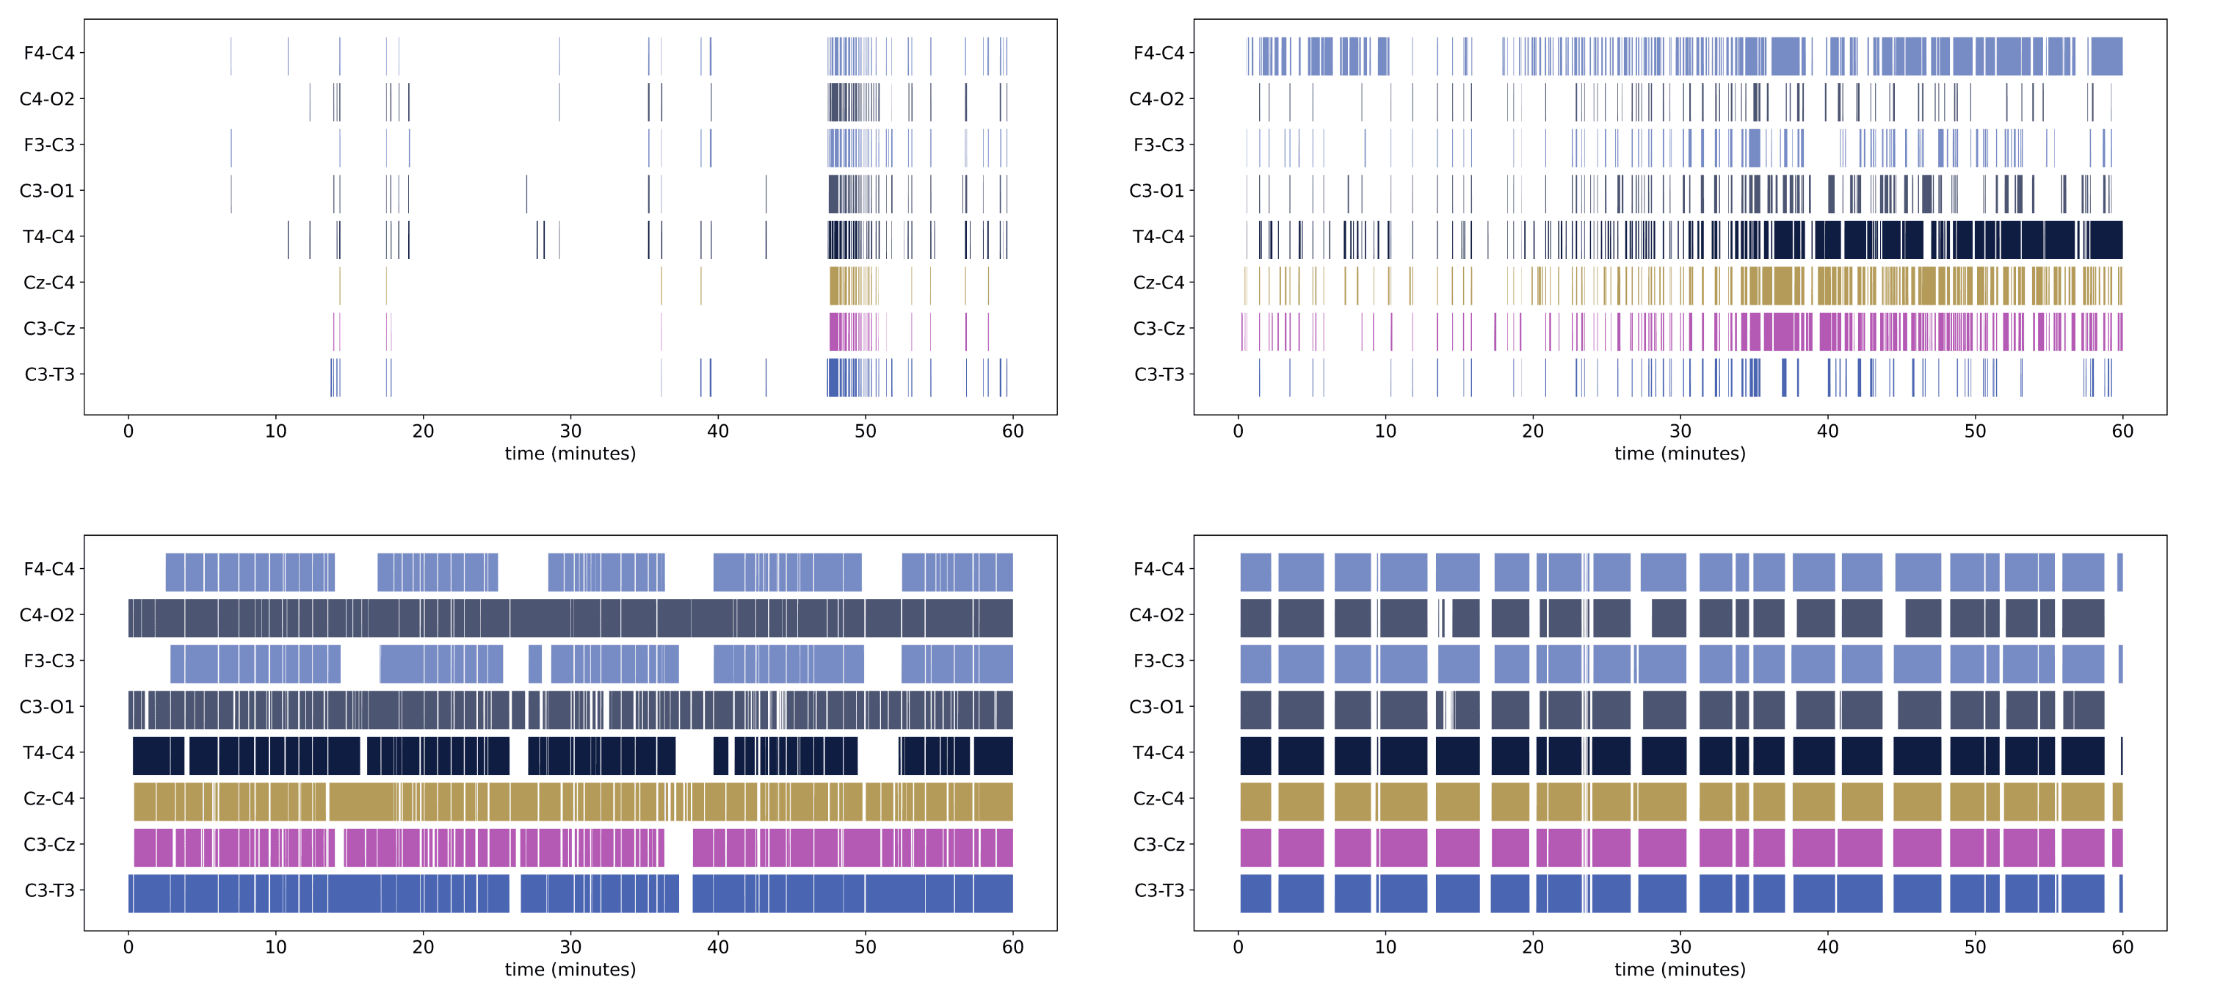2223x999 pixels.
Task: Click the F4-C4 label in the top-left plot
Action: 49,54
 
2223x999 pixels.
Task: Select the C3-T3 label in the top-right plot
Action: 1159,374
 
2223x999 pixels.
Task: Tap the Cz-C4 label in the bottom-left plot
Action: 49,799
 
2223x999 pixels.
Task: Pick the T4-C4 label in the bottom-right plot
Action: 1159,753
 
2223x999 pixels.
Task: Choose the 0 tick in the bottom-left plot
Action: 128,947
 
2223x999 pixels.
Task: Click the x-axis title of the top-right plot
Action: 1679,454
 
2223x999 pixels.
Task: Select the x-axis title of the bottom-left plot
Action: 570,970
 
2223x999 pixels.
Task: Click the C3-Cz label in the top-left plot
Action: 49,329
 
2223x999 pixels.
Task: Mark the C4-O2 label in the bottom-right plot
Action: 1157,615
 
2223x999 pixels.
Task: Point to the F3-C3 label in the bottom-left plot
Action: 49,661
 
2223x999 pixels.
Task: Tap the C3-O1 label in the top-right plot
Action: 1157,191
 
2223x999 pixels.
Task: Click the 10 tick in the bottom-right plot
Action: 1385,947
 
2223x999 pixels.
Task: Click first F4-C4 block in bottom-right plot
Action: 1255,572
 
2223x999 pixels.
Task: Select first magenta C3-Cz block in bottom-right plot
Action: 1255,847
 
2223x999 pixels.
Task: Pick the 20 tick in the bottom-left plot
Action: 423,947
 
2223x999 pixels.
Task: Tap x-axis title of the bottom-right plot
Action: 1679,970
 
